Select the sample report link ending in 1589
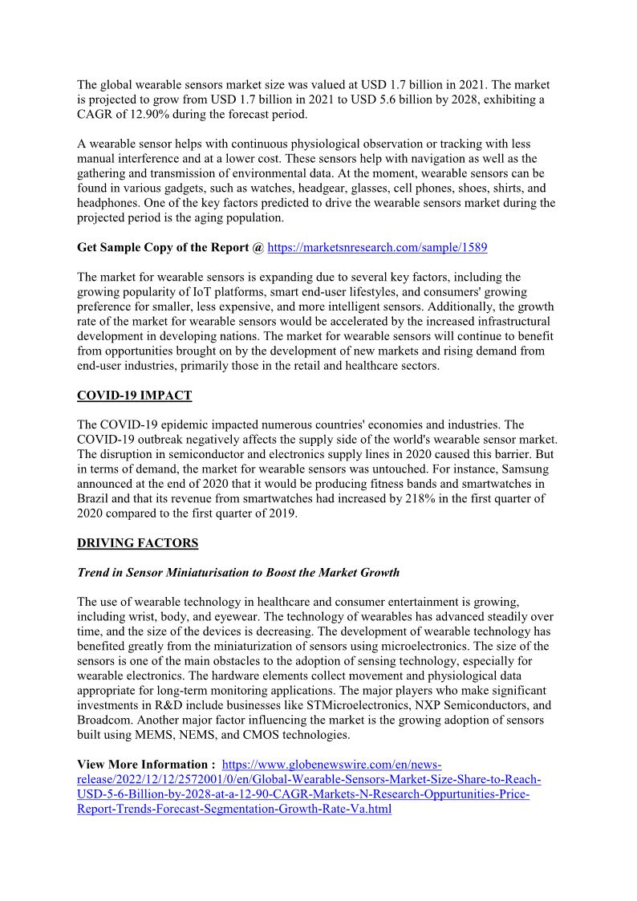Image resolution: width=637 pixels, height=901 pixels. (377, 248)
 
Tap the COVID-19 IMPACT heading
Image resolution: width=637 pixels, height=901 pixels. (134, 396)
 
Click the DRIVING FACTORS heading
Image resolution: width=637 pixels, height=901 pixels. (137, 543)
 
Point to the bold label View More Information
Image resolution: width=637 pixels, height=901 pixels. (146, 765)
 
